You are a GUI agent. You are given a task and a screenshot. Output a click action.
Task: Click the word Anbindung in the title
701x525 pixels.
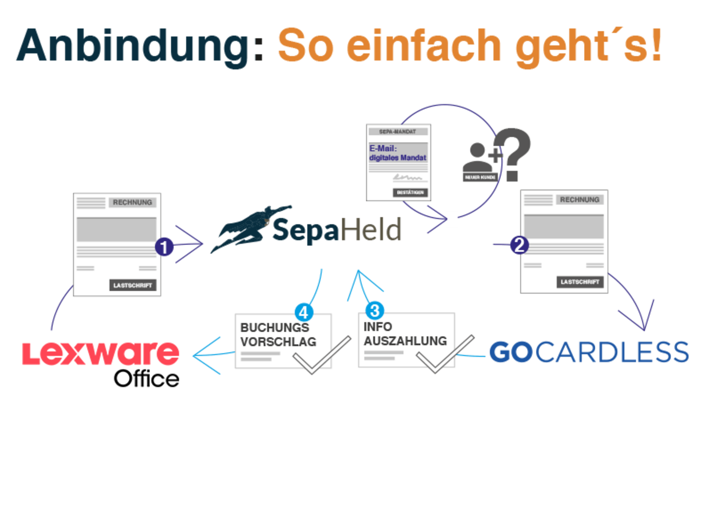tap(133, 46)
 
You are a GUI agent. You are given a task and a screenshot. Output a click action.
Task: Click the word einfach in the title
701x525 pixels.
tap(423, 46)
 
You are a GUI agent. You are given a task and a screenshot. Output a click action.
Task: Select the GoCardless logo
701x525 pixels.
tap(589, 352)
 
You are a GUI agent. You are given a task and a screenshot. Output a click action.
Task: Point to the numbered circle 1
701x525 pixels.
tap(164, 247)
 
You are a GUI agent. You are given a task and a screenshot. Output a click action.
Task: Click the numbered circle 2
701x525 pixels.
tap(519, 245)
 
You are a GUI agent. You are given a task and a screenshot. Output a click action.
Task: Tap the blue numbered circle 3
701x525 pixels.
tap(375, 310)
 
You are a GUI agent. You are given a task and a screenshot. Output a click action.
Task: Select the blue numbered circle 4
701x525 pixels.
tap(303, 312)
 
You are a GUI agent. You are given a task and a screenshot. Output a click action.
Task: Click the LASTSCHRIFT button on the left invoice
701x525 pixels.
tap(132, 285)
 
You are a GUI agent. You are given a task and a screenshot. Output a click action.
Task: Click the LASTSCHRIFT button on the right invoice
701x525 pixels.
tap(579, 282)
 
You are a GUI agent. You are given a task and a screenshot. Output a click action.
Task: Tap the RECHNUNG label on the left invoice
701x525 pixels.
tap(132, 203)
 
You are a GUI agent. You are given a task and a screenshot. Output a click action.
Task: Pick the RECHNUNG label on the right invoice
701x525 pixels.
tap(579, 199)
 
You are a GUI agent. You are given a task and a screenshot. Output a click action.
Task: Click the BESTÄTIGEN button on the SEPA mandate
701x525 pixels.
tap(411, 193)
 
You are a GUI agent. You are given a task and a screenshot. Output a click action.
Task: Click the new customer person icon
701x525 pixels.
tap(479, 161)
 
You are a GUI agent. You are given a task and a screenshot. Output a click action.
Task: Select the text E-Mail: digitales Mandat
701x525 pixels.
tap(398, 153)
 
